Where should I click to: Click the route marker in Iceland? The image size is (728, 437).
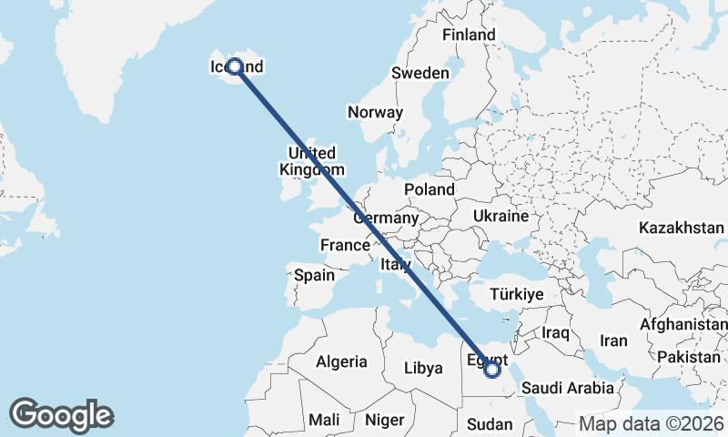click(235, 66)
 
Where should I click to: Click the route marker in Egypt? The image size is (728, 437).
click(492, 369)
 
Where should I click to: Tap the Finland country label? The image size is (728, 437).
click(469, 35)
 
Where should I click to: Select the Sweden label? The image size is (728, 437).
click(420, 73)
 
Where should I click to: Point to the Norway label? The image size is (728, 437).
click(375, 113)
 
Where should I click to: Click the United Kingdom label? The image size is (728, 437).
click(311, 161)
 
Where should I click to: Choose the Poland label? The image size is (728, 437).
click(430, 189)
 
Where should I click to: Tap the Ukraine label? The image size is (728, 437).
click(500, 217)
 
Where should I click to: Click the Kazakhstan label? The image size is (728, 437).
click(681, 227)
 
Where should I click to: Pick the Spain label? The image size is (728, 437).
click(314, 274)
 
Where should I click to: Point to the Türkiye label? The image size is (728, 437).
click(516, 294)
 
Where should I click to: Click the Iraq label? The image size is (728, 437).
click(555, 333)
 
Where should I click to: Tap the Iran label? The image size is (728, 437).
click(613, 340)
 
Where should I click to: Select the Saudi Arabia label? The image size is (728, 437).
click(568, 388)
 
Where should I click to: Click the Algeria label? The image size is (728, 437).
click(341, 361)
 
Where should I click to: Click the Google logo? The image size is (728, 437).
click(61, 414)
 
